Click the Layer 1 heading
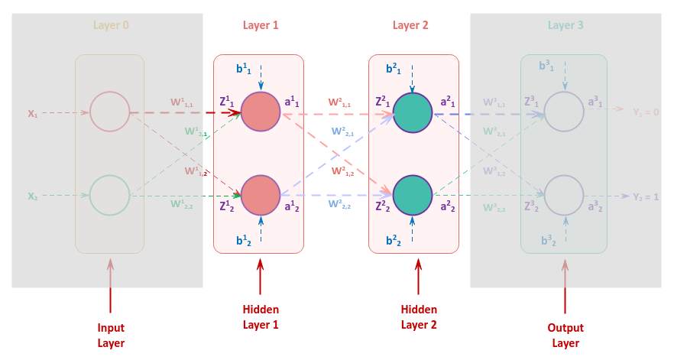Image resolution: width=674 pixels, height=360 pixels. click(x=260, y=25)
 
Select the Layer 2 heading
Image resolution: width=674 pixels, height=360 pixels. click(x=410, y=25)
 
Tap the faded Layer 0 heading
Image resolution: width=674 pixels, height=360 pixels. click(x=111, y=25)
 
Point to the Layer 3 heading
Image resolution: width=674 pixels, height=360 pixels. click(x=565, y=25)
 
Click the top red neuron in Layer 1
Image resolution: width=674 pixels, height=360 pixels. click(x=261, y=112)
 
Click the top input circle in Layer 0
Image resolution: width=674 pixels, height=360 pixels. click(x=109, y=112)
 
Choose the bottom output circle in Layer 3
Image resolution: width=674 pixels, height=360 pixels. click(x=564, y=196)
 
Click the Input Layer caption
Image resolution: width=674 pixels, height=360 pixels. click(x=111, y=335)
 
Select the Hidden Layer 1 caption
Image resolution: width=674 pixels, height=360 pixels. click(x=261, y=316)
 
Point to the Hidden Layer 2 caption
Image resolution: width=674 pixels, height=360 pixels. click(x=419, y=316)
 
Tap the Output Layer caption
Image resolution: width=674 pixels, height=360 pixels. click(x=565, y=335)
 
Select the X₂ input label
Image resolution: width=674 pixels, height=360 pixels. click(x=33, y=196)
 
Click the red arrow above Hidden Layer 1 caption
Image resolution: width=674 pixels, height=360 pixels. click(x=261, y=277)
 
